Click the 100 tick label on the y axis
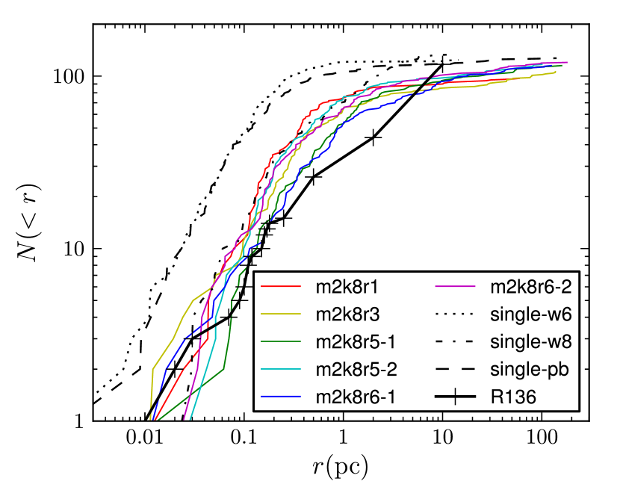point(69,77)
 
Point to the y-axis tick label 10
point(73,249)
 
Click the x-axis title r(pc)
point(341,468)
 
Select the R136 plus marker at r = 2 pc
point(373,137)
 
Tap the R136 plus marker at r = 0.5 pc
point(313,177)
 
